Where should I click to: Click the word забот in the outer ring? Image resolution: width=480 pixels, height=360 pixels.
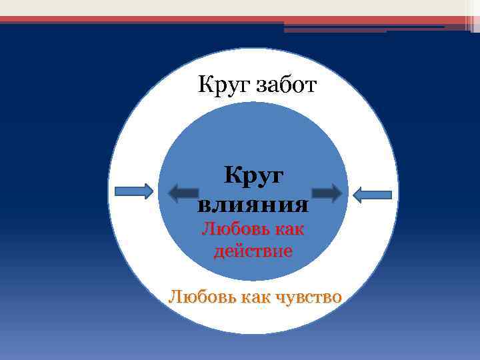283,86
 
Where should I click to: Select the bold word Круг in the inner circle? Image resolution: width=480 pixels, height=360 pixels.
253,176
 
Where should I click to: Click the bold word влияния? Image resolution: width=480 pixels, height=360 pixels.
253,203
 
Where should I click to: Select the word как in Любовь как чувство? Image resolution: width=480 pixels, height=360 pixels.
251,297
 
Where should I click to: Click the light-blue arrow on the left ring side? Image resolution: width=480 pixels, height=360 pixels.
134,192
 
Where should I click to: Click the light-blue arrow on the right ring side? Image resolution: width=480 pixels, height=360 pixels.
371,194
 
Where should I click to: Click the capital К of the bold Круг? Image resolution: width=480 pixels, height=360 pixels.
233,175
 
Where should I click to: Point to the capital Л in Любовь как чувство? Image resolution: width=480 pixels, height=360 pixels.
175,296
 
